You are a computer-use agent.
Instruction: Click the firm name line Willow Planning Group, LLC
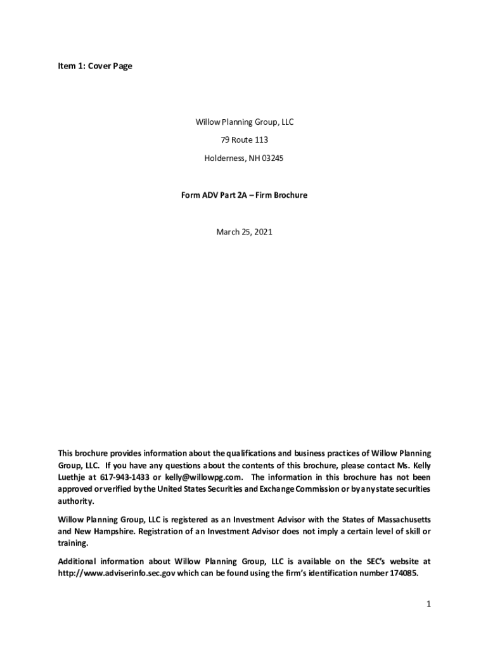pos(244,122)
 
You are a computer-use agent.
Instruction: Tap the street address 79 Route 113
pos(244,140)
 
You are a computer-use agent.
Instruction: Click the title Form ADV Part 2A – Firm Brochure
pos(244,195)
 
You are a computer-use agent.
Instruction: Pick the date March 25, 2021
pos(244,232)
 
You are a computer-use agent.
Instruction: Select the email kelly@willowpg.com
pos(204,477)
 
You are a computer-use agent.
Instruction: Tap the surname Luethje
pos(72,477)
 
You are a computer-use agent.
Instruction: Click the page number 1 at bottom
pos(428,605)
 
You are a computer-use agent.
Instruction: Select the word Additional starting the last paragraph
pos(79,562)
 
